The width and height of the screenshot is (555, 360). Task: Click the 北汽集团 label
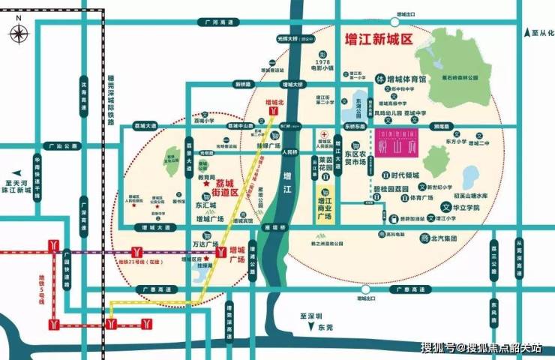click(444, 238)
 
